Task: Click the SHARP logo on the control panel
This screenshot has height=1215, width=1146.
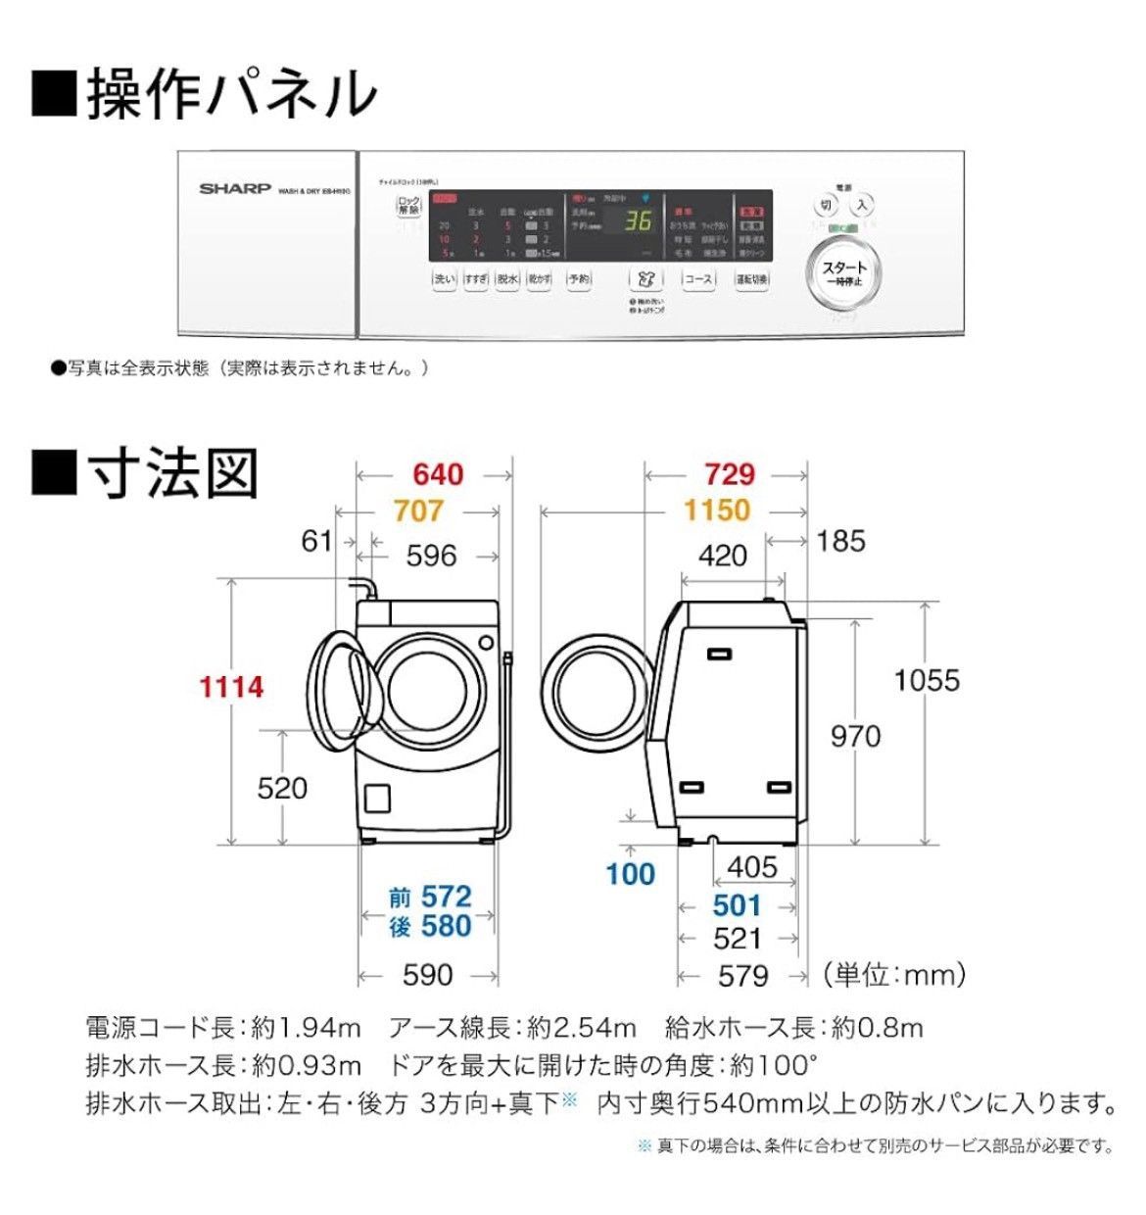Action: point(235,188)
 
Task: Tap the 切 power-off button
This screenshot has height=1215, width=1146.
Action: point(827,206)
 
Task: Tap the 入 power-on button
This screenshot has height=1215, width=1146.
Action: point(861,205)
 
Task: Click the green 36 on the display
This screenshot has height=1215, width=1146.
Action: point(638,221)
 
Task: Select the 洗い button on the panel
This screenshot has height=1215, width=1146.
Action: point(445,279)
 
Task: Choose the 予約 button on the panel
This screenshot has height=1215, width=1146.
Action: point(579,279)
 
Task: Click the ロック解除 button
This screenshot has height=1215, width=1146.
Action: point(408,206)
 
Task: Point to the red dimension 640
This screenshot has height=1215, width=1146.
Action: point(437,475)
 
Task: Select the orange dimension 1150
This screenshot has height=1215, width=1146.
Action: point(716,510)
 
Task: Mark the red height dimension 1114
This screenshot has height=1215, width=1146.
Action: point(231,687)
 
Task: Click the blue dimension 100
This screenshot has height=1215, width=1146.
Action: point(630,874)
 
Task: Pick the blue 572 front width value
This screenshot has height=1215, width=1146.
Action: point(446,897)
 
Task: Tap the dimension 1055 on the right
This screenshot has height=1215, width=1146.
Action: point(926,680)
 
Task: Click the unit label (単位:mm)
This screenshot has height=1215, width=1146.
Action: point(894,974)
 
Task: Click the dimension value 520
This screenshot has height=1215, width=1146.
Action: point(281,788)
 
